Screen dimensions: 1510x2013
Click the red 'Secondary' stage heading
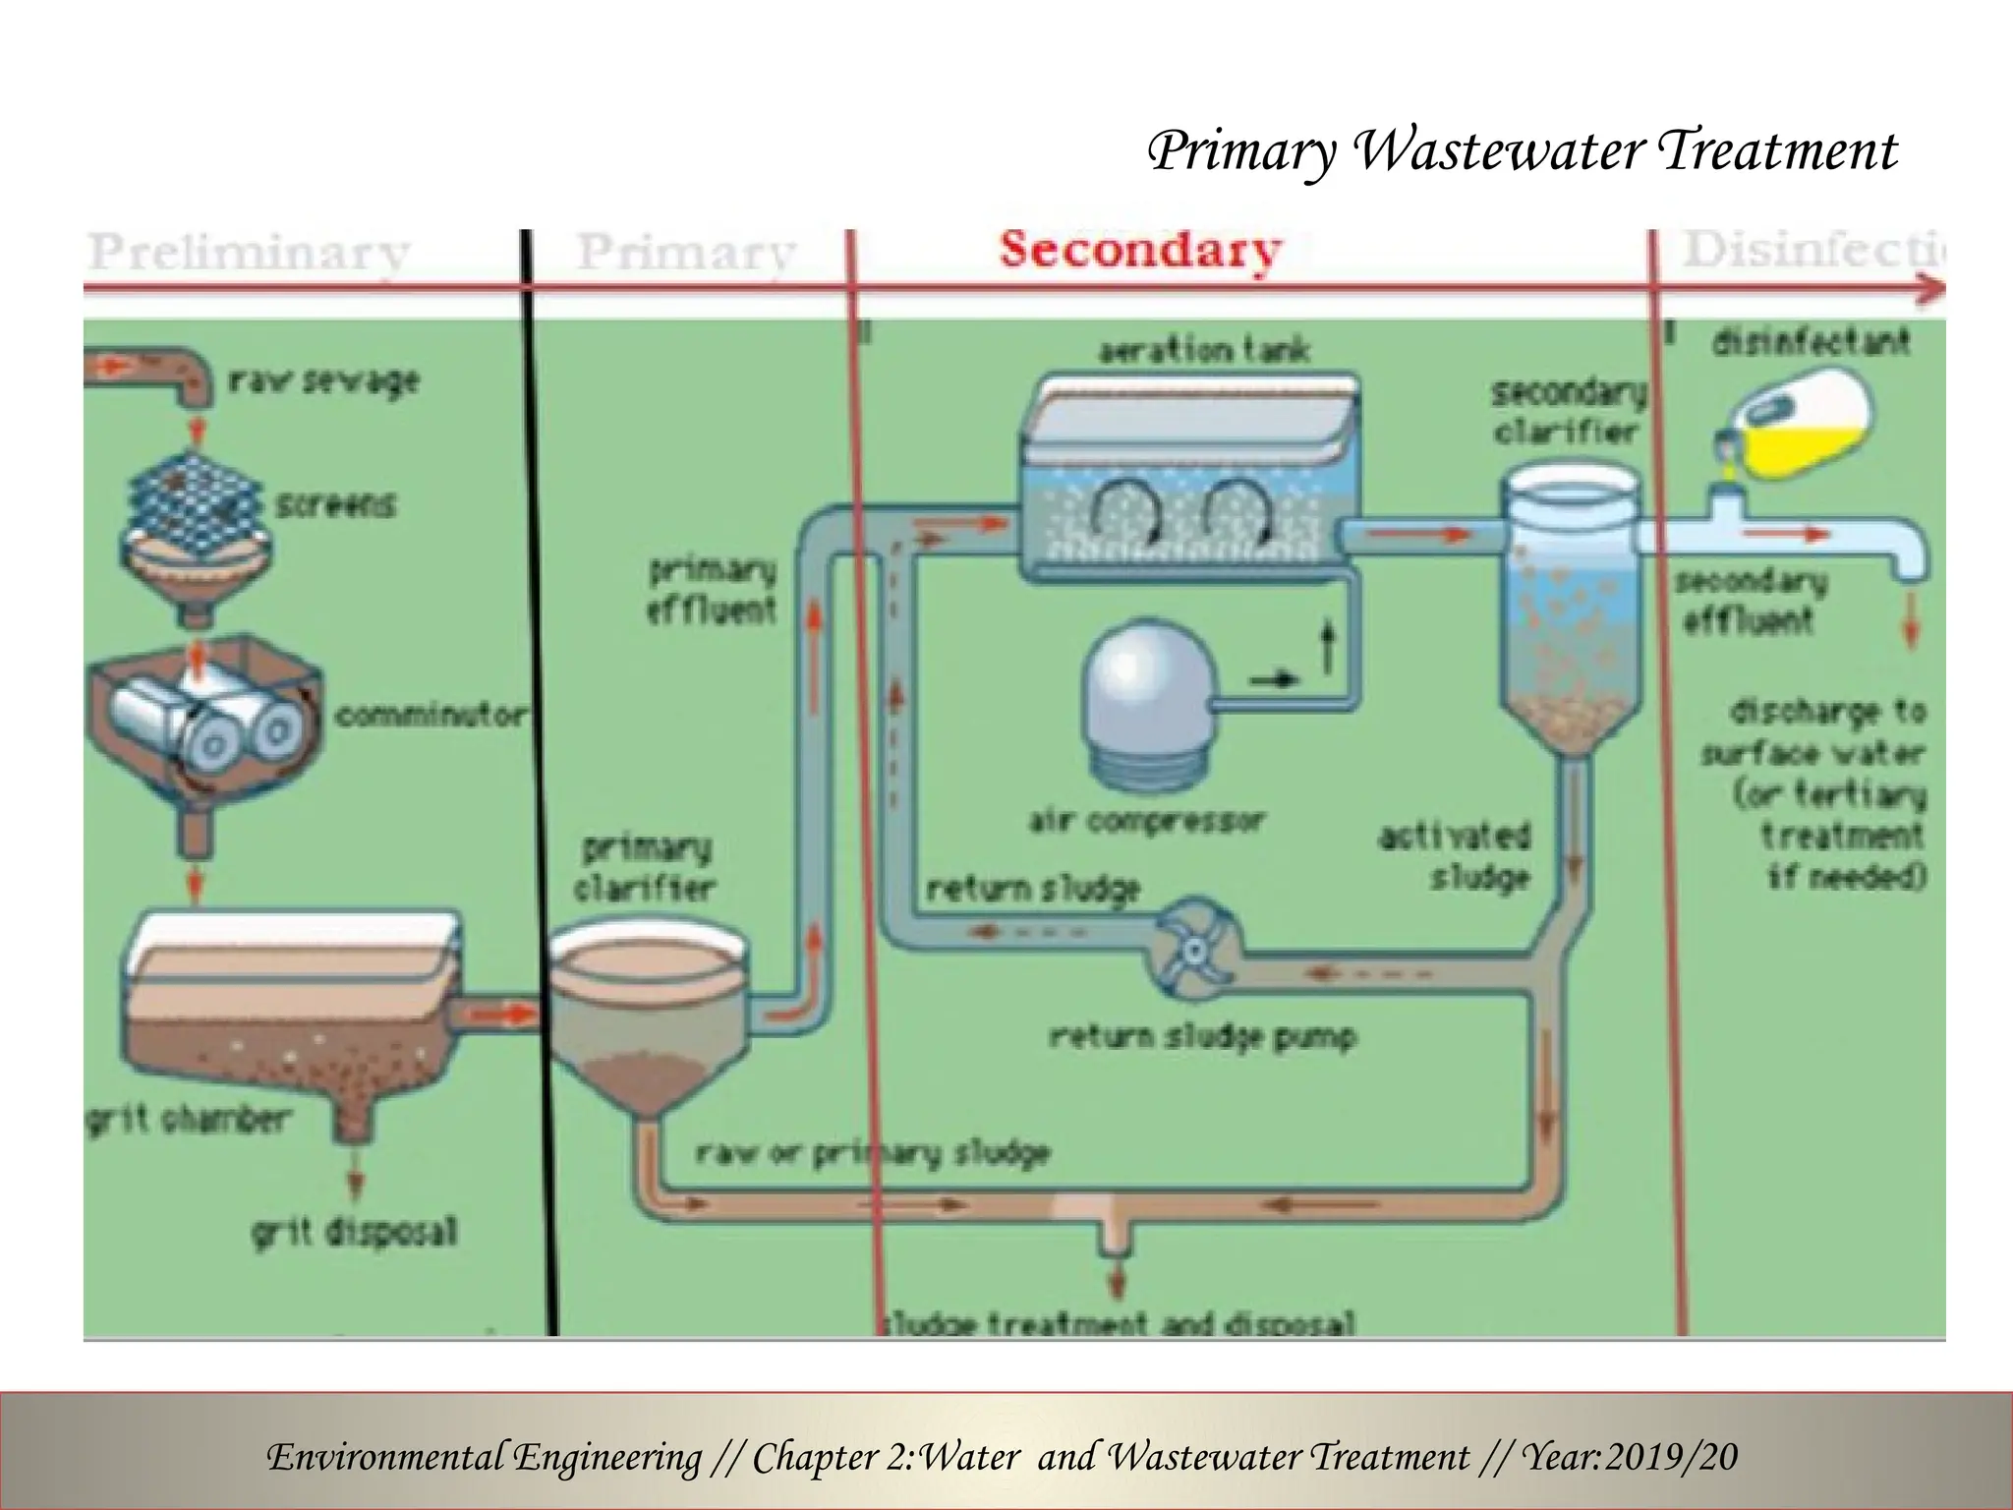pos(1140,250)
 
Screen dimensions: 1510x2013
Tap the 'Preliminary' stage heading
pos(249,253)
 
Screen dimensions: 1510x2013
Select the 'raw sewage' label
pos(324,380)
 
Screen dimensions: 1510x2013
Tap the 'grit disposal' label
pos(354,1231)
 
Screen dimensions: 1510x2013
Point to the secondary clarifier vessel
pos(1569,610)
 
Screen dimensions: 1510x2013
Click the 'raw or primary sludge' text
pos(873,1152)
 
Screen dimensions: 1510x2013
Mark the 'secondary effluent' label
pos(1750,601)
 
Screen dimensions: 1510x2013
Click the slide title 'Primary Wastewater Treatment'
pos(1523,152)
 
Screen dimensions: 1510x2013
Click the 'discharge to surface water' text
pos(1826,732)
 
